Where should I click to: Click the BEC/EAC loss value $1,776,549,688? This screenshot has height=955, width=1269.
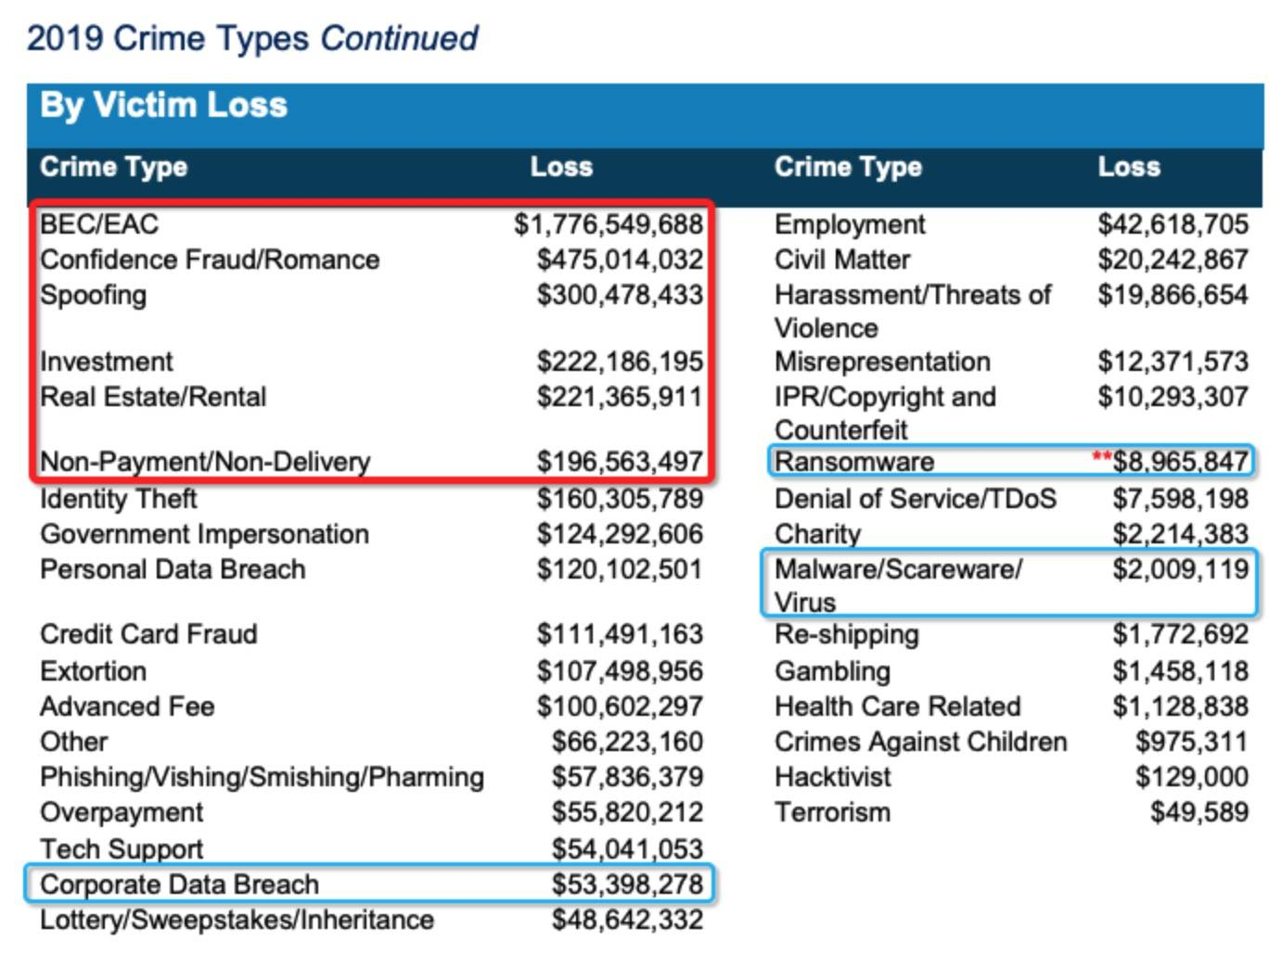pyautogui.click(x=609, y=224)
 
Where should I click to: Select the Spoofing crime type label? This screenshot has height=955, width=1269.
pyautogui.click(x=93, y=295)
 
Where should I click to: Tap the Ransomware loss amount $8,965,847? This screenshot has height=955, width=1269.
pyautogui.click(x=1180, y=461)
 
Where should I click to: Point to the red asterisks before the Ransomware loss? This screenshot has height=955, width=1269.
pyautogui.click(x=1102, y=457)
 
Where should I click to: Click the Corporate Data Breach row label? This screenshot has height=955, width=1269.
pyautogui.click(x=179, y=885)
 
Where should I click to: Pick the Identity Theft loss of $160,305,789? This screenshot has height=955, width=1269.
pyautogui.click(x=620, y=499)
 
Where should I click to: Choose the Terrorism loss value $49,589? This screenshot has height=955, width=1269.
pyautogui.click(x=1198, y=812)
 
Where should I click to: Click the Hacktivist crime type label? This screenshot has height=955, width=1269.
pyautogui.click(x=832, y=777)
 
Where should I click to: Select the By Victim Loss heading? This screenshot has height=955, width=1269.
pyautogui.click(x=163, y=106)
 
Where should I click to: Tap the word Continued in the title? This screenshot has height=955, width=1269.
pyautogui.click(x=399, y=39)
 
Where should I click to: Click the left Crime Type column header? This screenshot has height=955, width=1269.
pyautogui.click(x=113, y=167)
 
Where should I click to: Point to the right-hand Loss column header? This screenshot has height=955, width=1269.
pyautogui.click(x=1129, y=167)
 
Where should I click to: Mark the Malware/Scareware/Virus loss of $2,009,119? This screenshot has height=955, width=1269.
pyautogui.click(x=1180, y=569)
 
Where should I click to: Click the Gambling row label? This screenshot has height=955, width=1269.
pyautogui.click(x=832, y=671)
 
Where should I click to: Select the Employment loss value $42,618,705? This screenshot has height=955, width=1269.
pyautogui.click(x=1173, y=224)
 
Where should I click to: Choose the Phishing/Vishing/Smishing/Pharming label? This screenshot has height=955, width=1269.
pyautogui.click(x=262, y=777)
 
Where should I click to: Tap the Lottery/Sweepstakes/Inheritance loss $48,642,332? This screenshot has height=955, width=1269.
pyautogui.click(x=627, y=920)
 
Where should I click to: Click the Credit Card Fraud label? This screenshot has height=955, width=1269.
pyautogui.click(x=148, y=634)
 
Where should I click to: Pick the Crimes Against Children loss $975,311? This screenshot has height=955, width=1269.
pyautogui.click(x=1191, y=742)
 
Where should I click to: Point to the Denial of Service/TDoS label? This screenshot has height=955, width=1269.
pyautogui.click(x=915, y=499)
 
